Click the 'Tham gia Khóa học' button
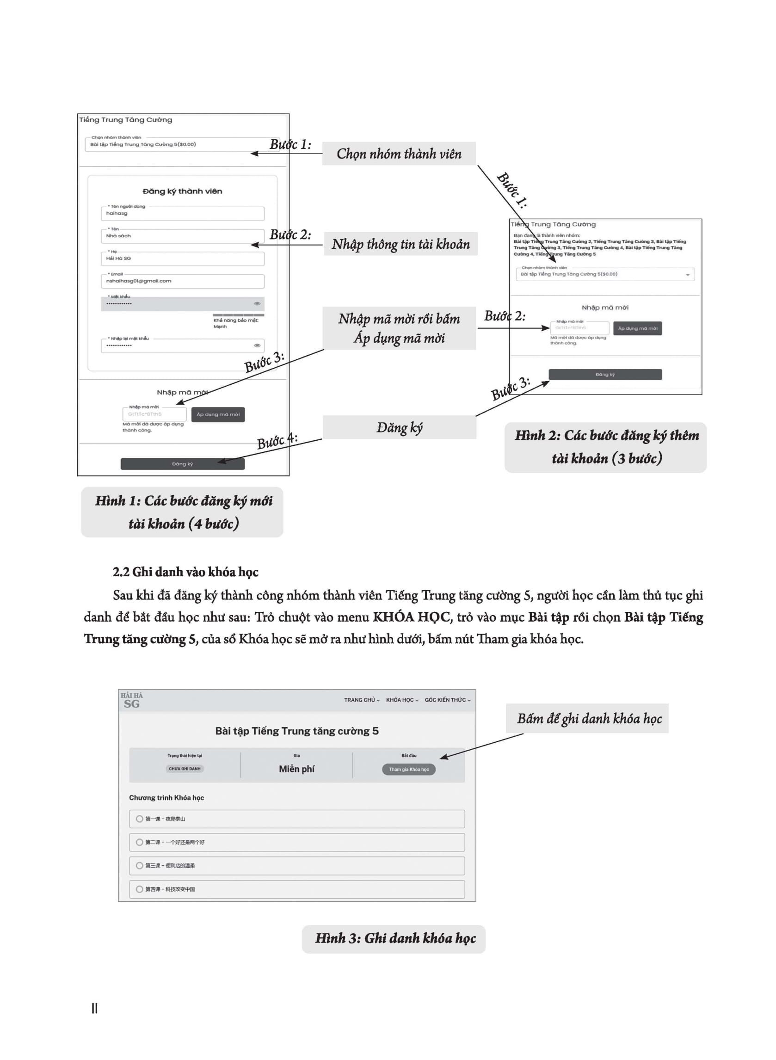[x=409, y=769]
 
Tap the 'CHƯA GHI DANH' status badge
[x=185, y=769]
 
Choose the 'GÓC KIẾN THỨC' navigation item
[x=447, y=700]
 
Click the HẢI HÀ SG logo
[x=131, y=700]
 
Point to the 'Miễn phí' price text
[x=296, y=769]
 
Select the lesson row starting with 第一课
[x=297, y=819]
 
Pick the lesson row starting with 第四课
[x=297, y=889]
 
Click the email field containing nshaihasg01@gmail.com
[x=182, y=281]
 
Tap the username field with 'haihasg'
[x=182, y=214]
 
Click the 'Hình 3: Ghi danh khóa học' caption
[x=394, y=938]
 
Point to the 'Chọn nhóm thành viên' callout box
[x=399, y=154]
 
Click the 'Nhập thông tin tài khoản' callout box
[x=400, y=244]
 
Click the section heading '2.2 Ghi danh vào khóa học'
[x=185, y=572]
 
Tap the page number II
[x=94, y=1008]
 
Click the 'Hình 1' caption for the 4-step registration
[x=182, y=512]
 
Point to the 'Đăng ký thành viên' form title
[x=182, y=191]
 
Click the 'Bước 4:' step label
[x=277, y=442]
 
